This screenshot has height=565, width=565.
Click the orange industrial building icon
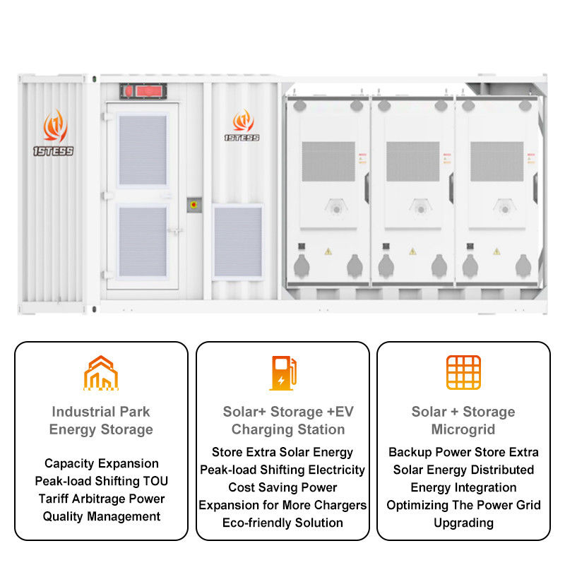(101, 373)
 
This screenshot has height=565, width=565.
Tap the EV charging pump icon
(283, 373)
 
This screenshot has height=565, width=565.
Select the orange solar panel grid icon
(463, 372)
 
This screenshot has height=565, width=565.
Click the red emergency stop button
(194, 205)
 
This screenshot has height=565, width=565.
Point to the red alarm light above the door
(143, 91)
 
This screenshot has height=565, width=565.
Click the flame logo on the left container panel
(55, 126)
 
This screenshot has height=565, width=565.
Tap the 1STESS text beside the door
(242, 138)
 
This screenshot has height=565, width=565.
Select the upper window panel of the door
(143, 150)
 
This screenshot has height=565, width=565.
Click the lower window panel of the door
(143, 242)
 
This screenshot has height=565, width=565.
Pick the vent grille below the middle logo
(238, 242)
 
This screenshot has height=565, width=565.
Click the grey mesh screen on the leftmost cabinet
(328, 162)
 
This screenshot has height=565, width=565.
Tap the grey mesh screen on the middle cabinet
(413, 162)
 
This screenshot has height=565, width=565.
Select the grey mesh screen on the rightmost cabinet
(497, 162)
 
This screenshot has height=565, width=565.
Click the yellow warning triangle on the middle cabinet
(412, 251)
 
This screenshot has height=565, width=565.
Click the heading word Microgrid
(463, 429)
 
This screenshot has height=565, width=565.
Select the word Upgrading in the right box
(464, 523)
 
